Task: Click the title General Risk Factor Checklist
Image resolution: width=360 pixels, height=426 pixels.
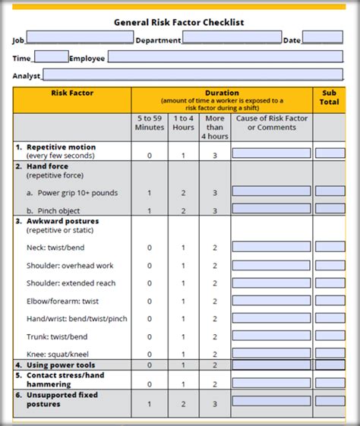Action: tap(179, 23)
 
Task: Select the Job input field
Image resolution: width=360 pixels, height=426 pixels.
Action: tap(80, 37)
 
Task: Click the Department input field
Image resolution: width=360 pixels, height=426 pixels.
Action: tap(232, 37)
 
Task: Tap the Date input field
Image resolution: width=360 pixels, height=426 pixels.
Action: tap(322, 37)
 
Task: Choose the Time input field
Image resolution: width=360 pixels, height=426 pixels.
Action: tap(51, 57)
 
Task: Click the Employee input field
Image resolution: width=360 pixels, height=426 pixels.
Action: tap(225, 57)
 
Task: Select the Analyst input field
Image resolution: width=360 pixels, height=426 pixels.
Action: tap(193, 74)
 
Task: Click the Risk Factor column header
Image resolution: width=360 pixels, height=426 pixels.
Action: tap(71, 93)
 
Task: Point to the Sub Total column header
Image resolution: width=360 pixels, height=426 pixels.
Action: tap(329, 98)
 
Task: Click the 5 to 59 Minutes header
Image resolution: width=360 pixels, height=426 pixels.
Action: tap(150, 122)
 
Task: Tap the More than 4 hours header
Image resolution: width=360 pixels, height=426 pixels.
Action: tap(215, 127)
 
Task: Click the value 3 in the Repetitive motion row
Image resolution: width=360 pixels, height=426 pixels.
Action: tap(215, 155)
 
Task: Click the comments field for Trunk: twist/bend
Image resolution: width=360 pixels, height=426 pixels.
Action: tap(271, 336)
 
